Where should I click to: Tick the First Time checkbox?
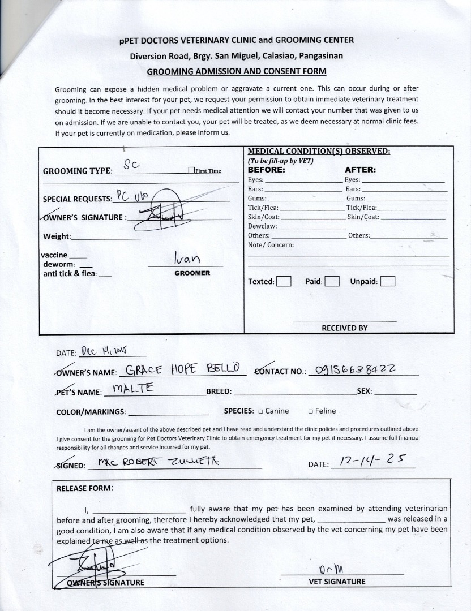[191, 171]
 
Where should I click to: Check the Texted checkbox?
[284, 281]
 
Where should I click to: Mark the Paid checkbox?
[332, 281]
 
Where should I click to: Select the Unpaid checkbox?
[388, 281]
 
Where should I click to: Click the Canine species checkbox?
[260, 411]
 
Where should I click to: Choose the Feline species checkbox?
[311, 411]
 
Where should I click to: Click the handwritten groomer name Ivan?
[187, 259]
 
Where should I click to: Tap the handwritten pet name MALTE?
[134, 389]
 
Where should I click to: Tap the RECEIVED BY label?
[344, 328]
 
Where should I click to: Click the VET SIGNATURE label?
[337, 582]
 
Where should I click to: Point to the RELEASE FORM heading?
[85, 488]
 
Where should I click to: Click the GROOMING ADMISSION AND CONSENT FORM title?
[236, 71]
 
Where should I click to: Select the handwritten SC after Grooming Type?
[131, 165]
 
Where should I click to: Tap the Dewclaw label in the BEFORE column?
[262, 226]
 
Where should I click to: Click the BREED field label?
[219, 391]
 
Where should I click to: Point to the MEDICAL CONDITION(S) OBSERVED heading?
[319, 151]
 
